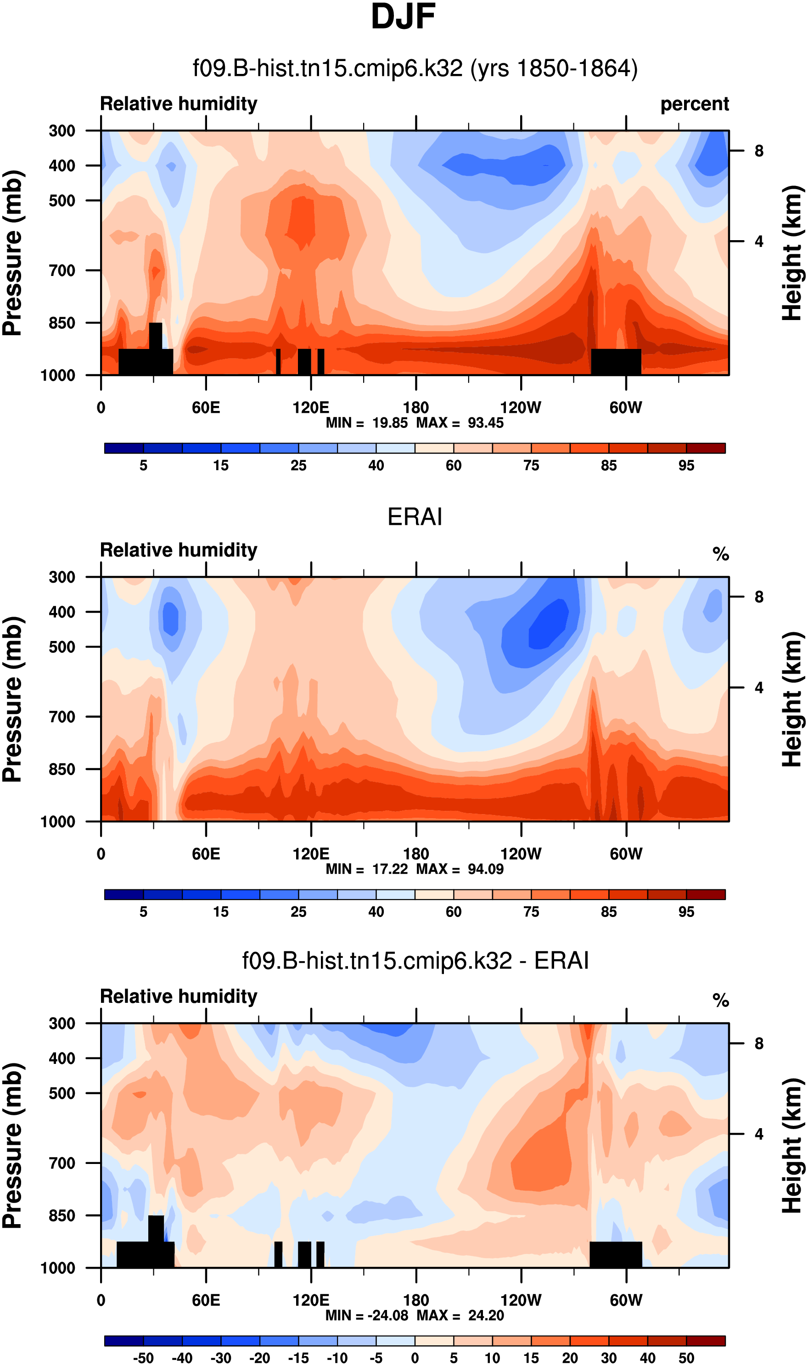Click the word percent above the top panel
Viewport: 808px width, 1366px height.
pyautogui.click(x=694, y=104)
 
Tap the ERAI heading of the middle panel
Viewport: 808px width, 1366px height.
pyautogui.click(x=415, y=517)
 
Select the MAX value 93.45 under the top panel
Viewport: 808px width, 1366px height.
pyautogui.click(x=486, y=423)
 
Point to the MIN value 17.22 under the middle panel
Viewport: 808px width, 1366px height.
pyautogui.click(x=390, y=869)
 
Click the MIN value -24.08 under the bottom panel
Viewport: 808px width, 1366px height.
pyautogui.click(x=387, y=1315)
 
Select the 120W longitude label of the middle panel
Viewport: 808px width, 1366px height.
pyautogui.click(x=521, y=854)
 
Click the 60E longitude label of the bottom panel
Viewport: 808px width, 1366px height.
pyautogui.click(x=206, y=1300)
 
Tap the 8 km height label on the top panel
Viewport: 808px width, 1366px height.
pyautogui.click(x=758, y=151)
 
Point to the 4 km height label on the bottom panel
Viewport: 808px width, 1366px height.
pyautogui.click(x=758, y=1134)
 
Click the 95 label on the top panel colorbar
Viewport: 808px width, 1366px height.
pyautogui.click(x=686, y=466)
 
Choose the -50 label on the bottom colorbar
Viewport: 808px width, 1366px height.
pyautogui.click(x=143, y=1358)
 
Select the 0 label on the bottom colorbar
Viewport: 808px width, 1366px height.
pyautogui.click(x=415, y=1358)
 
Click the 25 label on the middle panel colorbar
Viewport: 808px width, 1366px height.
pyautogui.click(x=298, y=911)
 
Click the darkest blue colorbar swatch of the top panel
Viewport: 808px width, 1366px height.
pyautogui.click(x=124, y=448)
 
